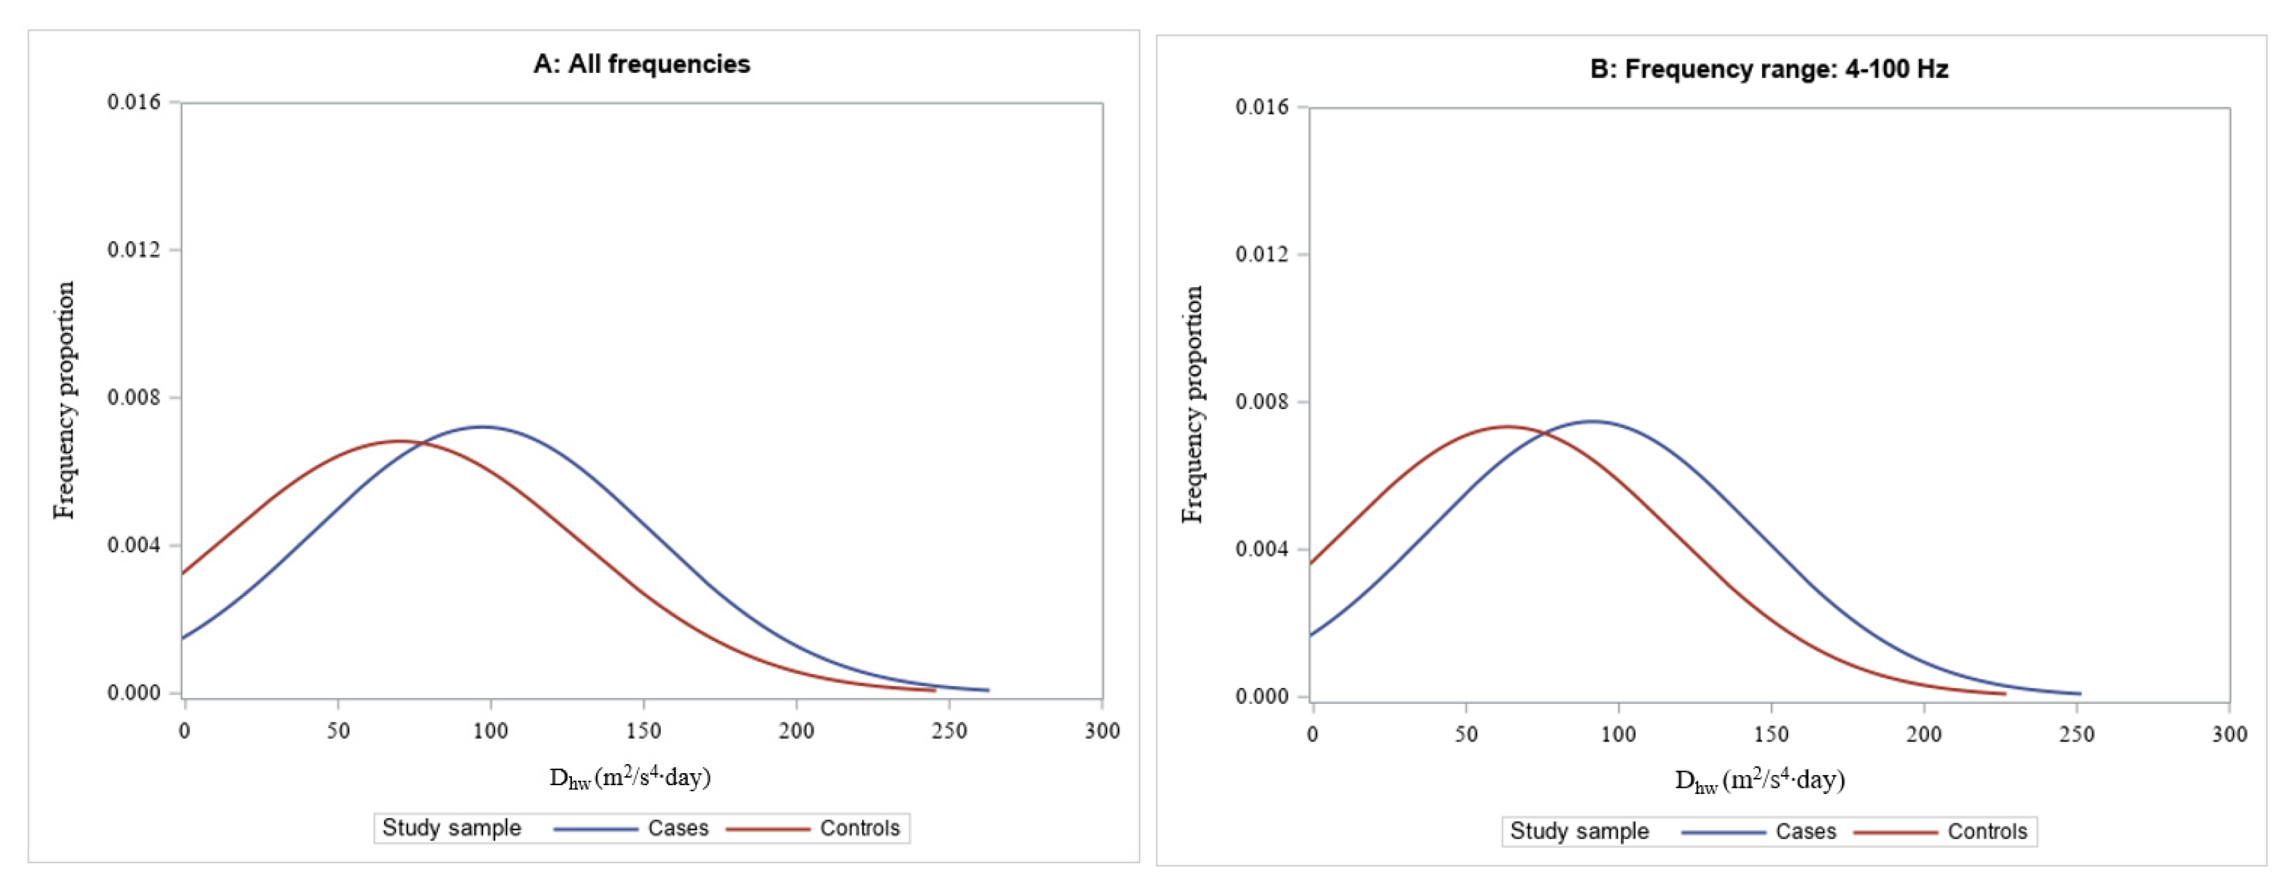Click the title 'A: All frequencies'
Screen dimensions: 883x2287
[x=641, y=64]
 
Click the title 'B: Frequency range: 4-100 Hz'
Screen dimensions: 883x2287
[x=1768, y=69]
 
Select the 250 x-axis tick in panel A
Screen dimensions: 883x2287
[x=949, y=731]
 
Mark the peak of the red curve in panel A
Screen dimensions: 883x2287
[x=399, y=441]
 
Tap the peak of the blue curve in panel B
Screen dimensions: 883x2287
[x=1592, y=422]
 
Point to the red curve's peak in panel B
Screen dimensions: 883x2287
[x=1506, y=427]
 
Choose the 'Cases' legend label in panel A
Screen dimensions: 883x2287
[x=678, y=828]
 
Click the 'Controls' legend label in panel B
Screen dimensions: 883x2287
[x=1987, y=832]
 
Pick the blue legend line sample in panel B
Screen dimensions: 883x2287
[x=1723, y=832]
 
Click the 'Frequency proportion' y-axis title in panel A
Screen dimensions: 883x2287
[x=65, y=400]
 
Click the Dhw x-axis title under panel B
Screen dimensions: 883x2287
[x=1759, y=780]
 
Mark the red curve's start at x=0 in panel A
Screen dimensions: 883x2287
[x=184, y=573]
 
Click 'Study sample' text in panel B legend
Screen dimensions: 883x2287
[x=1578, y=832]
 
